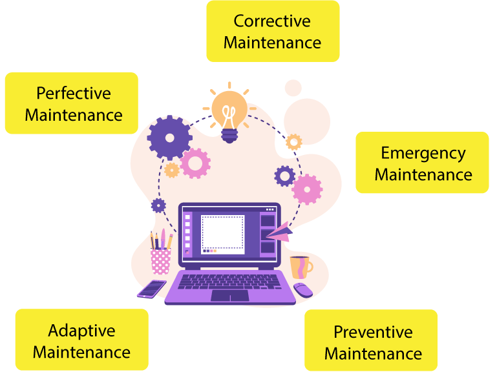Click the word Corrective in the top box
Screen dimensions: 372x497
pos(272,21)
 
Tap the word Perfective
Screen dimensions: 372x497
pos(73,94)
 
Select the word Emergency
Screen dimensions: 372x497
pos(423,153)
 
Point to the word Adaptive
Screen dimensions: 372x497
pos(81,331)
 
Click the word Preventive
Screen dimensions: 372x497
pos(373,332)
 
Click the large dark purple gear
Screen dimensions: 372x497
pos(169,138)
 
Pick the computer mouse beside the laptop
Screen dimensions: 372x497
pos(302,289)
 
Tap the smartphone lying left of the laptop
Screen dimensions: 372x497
pos(151,289)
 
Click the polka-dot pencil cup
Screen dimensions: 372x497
pos(161,260)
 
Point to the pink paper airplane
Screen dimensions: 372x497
pos(279,231)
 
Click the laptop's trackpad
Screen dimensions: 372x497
pos(229,295)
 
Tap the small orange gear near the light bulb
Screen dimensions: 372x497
pos(294,141)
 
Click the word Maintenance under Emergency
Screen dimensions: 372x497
pos(423,175)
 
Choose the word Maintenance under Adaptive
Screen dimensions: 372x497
pos(81,353)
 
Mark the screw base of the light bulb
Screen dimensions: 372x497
pos(229,135)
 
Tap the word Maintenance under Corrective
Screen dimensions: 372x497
pos(272,43)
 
